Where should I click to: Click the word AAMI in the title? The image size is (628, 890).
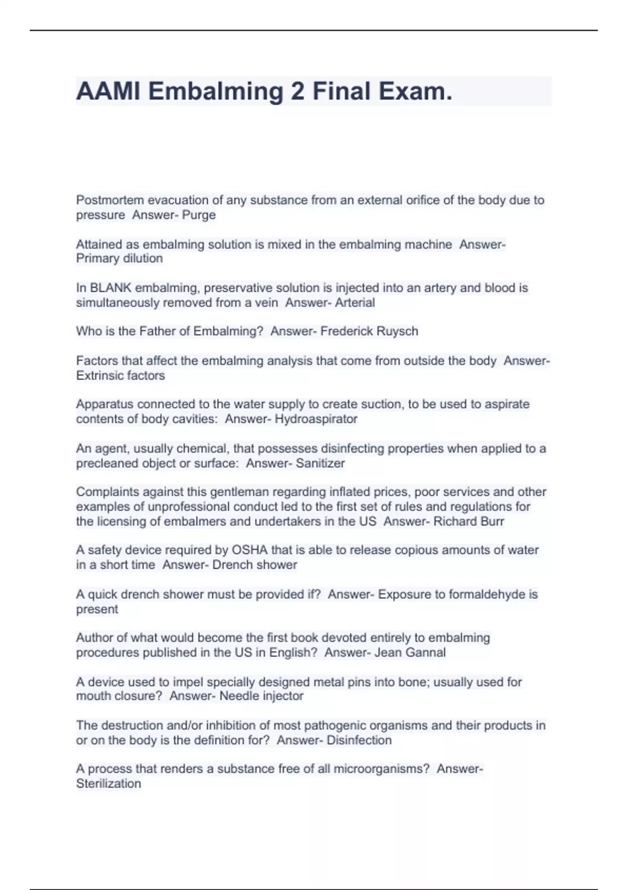tap(107, 92)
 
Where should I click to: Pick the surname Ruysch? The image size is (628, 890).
tap(396, 331)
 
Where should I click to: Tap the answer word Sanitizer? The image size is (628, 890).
tap(320, 463)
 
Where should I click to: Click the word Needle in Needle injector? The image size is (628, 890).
tap(238, 696)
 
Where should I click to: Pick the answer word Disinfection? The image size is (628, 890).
tap(359, 740)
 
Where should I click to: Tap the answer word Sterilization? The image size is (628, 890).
tap(108, 784)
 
